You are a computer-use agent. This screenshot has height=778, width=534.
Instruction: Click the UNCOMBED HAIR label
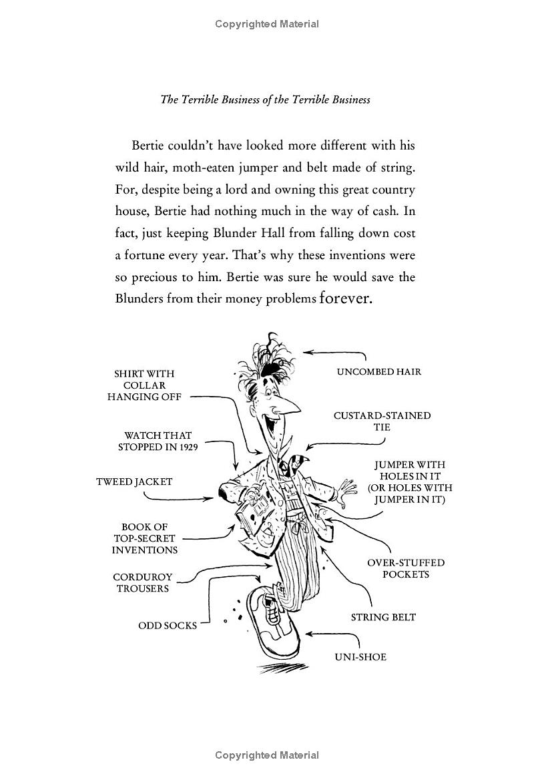(378, 371)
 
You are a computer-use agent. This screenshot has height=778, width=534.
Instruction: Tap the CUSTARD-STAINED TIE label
(382, 421)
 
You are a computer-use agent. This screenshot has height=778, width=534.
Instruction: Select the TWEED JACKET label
(134, 481)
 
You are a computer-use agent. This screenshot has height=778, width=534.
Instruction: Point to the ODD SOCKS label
(168, 626)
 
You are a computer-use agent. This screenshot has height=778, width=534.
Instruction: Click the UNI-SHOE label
(360, 656)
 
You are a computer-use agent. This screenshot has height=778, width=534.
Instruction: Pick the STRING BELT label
(383, 617)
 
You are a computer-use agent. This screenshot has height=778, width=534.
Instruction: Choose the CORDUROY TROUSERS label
(143, 582)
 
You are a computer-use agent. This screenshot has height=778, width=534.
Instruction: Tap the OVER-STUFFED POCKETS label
(405, 568)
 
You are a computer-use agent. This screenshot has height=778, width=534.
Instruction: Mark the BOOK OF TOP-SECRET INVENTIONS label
(144, 538)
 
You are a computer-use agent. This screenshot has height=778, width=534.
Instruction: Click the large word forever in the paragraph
(345, 298)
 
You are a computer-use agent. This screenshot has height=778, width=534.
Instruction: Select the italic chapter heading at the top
(265, 100)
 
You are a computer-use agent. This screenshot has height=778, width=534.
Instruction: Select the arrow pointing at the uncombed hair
(334, 353)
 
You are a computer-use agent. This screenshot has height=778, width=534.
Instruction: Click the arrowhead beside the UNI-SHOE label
(309, 633)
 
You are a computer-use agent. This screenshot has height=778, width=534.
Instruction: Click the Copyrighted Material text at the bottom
(267, 755)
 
